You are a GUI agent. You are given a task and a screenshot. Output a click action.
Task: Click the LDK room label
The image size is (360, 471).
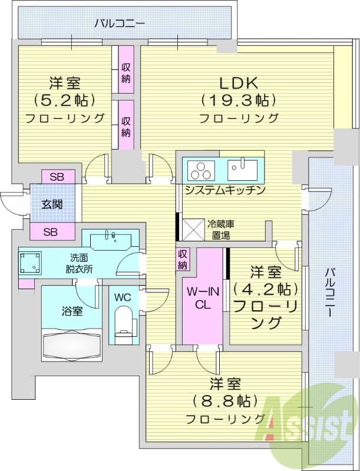238,82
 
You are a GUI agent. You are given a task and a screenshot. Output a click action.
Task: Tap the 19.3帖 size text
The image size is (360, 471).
238,100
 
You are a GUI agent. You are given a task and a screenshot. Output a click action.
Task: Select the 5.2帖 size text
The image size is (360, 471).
65,100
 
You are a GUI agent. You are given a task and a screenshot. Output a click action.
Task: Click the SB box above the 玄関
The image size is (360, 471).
57,177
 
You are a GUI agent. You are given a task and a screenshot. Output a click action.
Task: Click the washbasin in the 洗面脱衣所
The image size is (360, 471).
111,238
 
